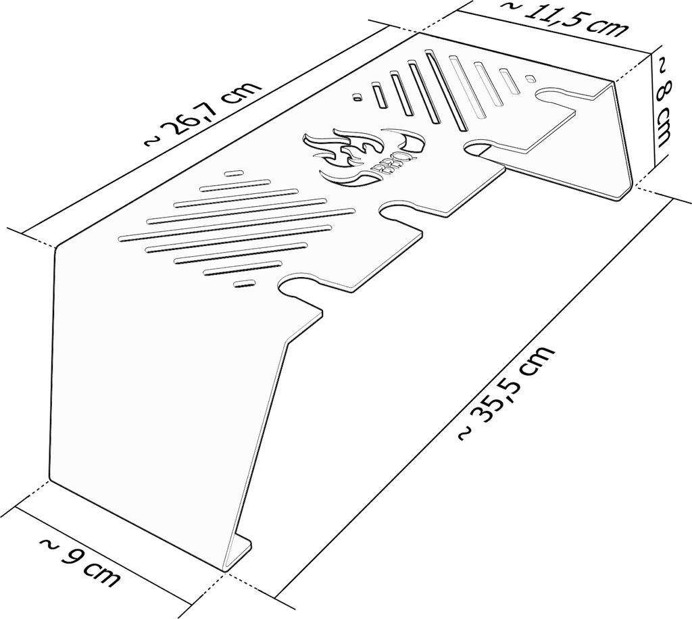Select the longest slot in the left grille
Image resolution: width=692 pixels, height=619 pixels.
tap(236, 225)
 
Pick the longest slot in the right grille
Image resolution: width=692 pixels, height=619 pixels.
tap(446, 91)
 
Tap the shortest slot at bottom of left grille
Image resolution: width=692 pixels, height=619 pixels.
tap(243, 283)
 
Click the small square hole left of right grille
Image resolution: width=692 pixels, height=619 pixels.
tap(357, 97)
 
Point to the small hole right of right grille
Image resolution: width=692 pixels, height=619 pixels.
tap(530, 78)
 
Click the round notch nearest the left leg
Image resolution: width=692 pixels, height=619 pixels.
tap(297, 287)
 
